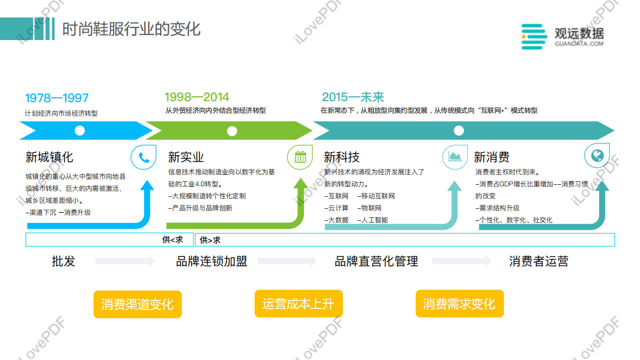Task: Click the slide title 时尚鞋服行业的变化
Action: click(131, 29)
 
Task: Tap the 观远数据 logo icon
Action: click(534, 37)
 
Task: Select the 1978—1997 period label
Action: click(57, 98)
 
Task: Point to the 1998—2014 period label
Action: click(197, 97)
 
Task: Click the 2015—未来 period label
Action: click(353, 97)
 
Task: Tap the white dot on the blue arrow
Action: click(80, 131)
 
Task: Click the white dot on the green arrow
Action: click(232, 131)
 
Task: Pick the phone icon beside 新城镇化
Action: click(144, 158)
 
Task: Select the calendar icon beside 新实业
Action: click(300, 158)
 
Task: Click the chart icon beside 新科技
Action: click(455, 157)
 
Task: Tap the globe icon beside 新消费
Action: click(596, 156)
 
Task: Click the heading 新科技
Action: click(341, 157)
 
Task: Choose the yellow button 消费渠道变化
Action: click(137, 304)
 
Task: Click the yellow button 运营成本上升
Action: click(298, 303)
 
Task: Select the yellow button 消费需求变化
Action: click(459, 303)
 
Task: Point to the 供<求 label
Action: click(172, 240)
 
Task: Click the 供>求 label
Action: click(210, 240)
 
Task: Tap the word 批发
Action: click(64, 261)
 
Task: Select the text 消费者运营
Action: click(538, 261)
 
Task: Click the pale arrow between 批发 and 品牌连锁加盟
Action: click(125, 260)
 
